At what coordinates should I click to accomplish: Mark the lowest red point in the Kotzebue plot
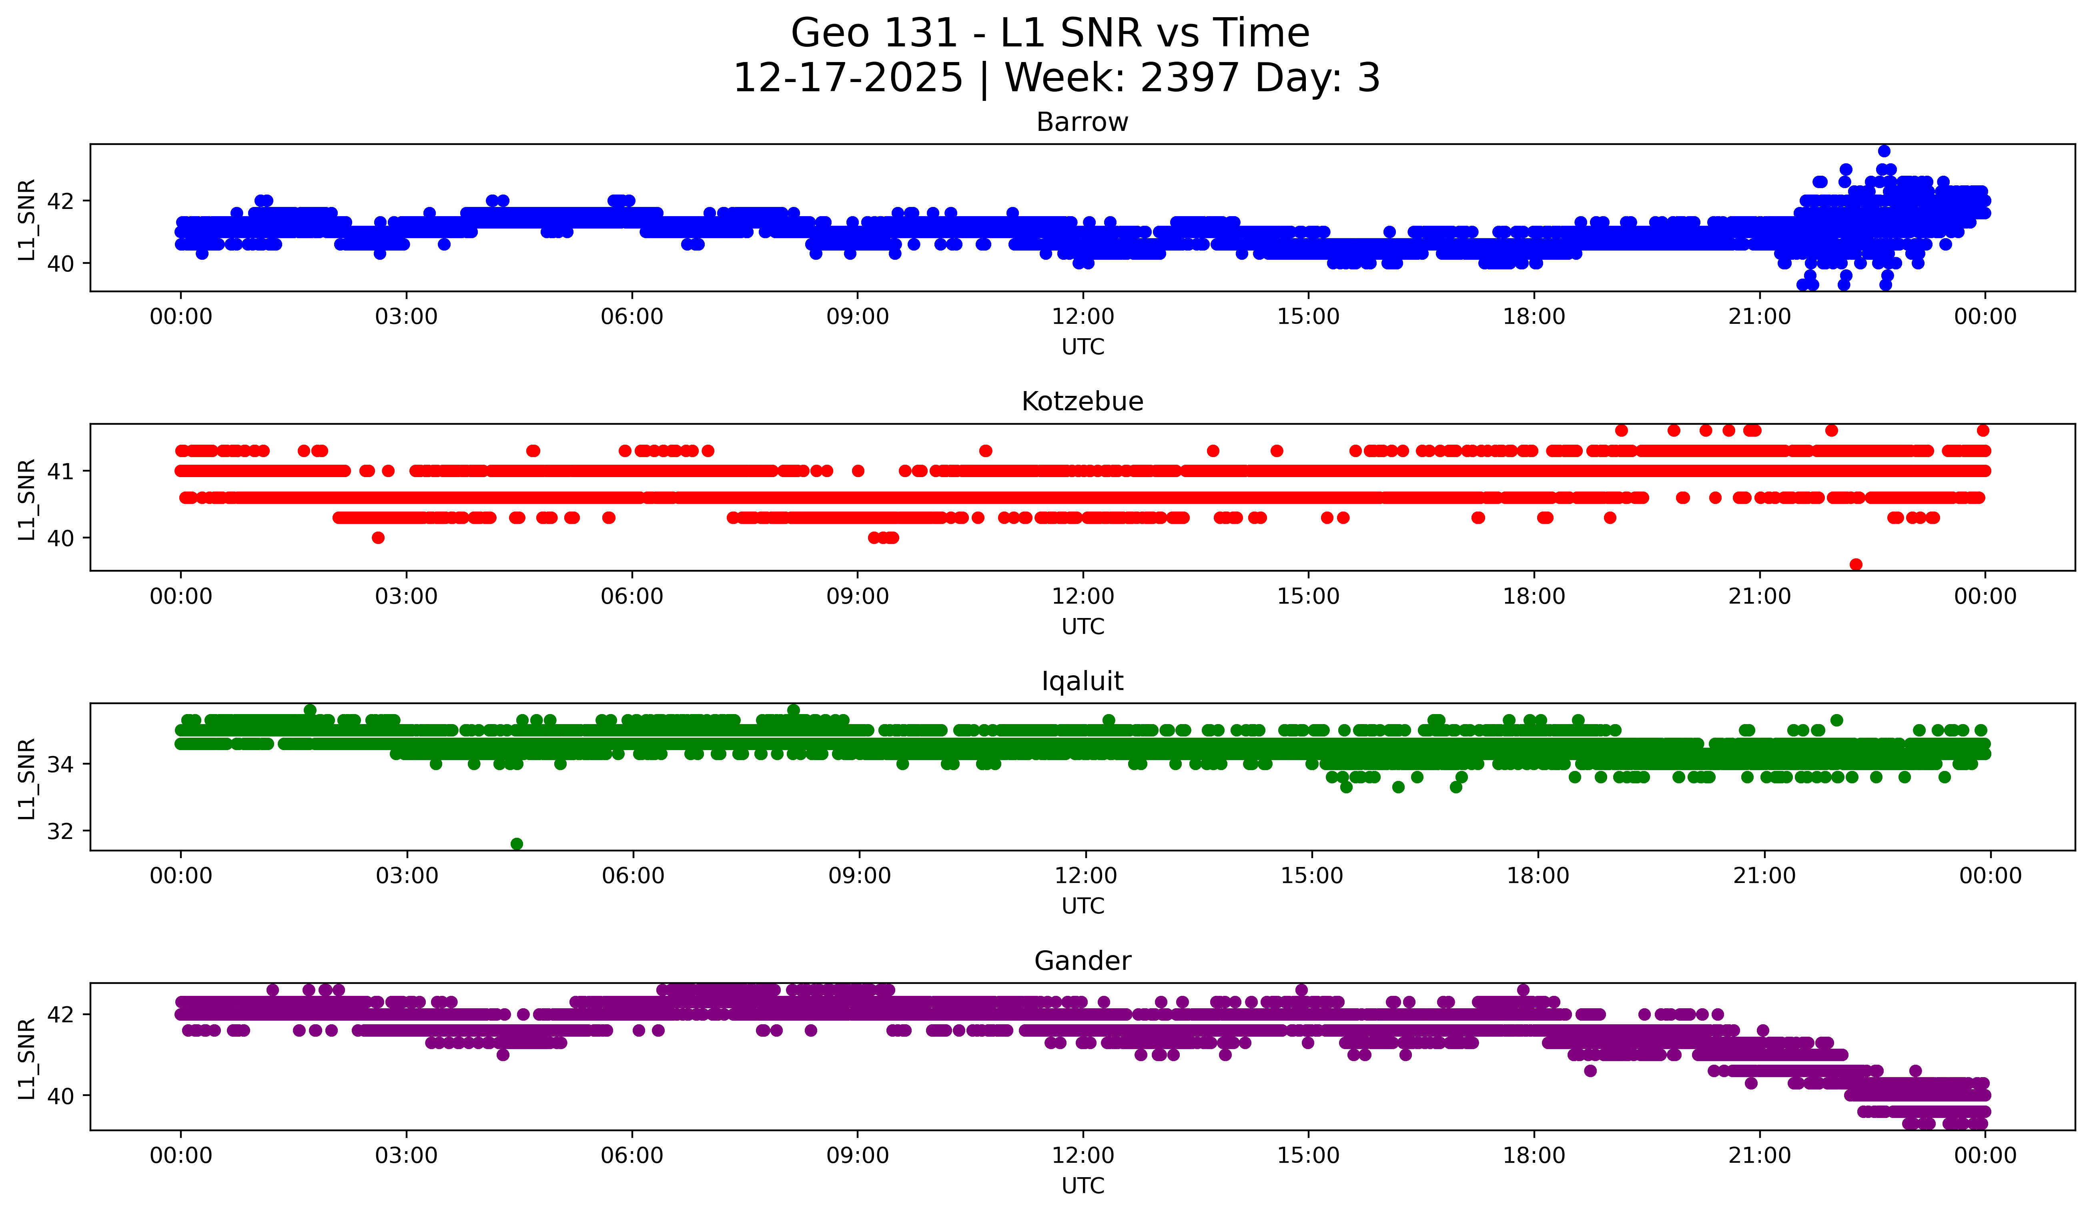[1856, 564]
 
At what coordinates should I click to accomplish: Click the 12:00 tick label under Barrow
[1083, 317]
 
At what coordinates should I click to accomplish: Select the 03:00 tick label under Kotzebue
[407, 597]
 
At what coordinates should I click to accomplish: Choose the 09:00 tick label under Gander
[857, 1156]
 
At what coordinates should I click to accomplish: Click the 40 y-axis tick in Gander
[60, 1096]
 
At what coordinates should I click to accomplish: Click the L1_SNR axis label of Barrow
[26, 220]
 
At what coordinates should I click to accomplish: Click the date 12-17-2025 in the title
[848, 78]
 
